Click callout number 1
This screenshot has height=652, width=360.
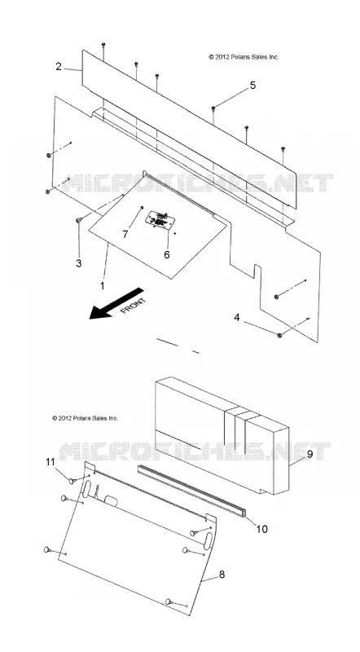(x=103, y=286)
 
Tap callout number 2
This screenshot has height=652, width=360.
(x=59, y=67)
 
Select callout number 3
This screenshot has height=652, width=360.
(x=78, y=263)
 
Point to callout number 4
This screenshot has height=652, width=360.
(x=237, y=318)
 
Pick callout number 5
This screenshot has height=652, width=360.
(x=252, y=86)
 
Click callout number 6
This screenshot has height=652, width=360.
(x=167, y=254)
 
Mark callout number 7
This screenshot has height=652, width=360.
(x=125, y=234)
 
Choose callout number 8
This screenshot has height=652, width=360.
(x=222, y=575)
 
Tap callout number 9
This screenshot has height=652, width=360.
(x=310, y=455)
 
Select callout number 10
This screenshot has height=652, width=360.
(x=262, y=529)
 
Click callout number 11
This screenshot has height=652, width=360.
(x=50, y=462)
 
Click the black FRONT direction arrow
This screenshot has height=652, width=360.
(x=116, y=304)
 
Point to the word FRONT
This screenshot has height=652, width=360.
(x=133, y=306)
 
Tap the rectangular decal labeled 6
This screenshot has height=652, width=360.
(x=159, y=219)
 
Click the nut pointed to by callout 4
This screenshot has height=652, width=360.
(x=279, y=335)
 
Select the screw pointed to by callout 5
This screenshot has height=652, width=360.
(x=213, y=108)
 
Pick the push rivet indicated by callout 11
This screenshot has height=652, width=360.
(x=72, y=481)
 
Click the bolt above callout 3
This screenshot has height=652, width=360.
(x=78, y=220)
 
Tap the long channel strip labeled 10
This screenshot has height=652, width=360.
(x=191, y=491)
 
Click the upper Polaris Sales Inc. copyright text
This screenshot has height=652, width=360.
(x=244, y=57)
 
